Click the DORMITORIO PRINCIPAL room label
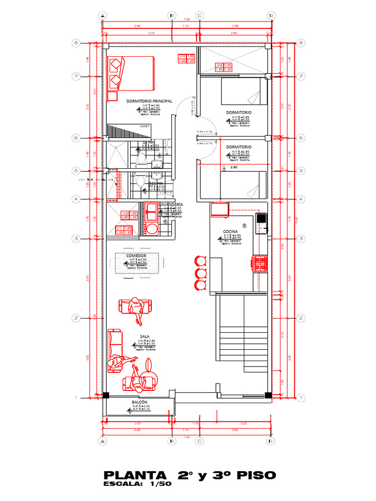tap(149, 101)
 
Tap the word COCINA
tap(230, 231)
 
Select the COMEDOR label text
tap(136, 256)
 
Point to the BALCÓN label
tap(140, 402)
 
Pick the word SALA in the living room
tap(144, 337)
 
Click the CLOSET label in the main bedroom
tap(145, 126)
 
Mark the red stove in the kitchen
tap(259, 263)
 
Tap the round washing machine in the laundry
tap(152, 228)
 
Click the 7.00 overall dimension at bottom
tap(187, 437)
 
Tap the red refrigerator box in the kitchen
tap(218, 210)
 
